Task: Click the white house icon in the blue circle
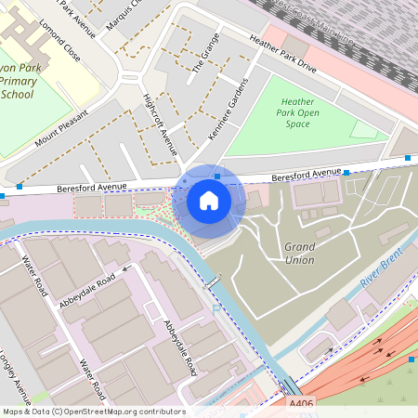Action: click(209, 201)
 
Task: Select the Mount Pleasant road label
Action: click(61, 129)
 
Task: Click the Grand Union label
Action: click(299, 253)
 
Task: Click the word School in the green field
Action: click(18, 95)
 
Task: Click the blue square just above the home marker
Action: click(216, 176)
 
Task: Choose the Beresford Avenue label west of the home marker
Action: click(91, 187)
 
